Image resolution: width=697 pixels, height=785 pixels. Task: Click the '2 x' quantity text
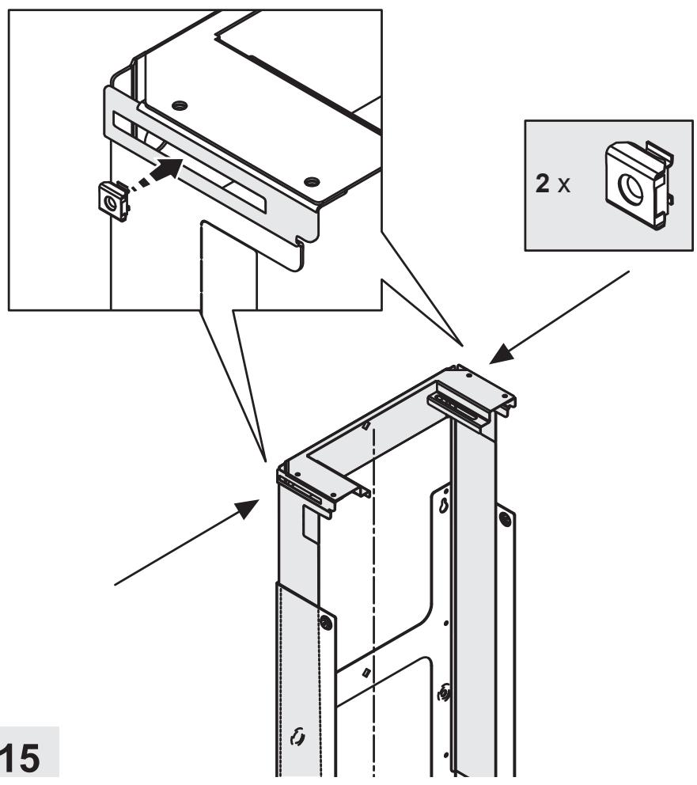552,184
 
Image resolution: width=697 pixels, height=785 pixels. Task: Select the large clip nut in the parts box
639,184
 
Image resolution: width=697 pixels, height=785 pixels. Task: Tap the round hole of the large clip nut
628,189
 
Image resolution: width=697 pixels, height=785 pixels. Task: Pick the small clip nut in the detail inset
115,202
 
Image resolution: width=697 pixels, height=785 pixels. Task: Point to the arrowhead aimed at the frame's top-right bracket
502,355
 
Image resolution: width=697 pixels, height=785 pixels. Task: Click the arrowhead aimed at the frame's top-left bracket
247,509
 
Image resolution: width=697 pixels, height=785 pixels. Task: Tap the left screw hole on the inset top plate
179,105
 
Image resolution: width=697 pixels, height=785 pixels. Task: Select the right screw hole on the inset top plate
311,180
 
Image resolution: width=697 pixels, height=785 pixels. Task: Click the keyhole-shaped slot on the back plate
443,506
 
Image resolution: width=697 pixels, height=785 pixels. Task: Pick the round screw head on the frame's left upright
326,623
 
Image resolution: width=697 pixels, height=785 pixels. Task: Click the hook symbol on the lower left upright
298,736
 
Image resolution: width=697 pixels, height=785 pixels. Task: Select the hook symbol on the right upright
443,693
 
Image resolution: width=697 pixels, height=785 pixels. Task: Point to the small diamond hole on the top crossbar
366,426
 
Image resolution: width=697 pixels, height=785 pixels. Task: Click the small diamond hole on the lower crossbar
366,673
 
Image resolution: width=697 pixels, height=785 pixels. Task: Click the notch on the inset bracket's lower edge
300,242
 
